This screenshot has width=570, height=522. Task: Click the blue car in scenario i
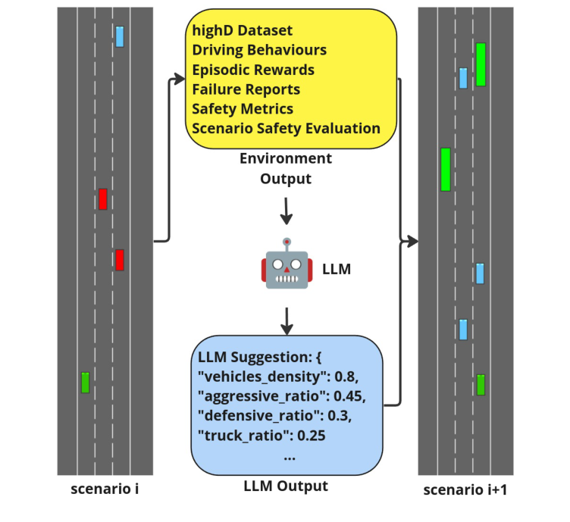click(x=119, y=36)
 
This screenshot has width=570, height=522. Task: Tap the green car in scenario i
click(x=86, y=382)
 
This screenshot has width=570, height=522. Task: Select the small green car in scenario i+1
click(x=481, y=385)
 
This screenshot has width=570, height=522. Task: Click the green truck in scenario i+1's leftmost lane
click(x=445, y=169)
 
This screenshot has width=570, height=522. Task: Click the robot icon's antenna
click(x=286, y=243)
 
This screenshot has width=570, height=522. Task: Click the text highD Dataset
click(x=242, y=30)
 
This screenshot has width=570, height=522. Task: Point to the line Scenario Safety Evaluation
click(x=286, y=128)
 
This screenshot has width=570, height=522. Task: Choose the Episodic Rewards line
click(x=253, y=70)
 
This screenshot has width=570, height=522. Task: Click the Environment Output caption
click(x=286, y=168)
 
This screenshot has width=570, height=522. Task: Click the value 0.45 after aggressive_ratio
click(x=352, y=395)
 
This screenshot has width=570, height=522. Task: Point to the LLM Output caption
click(x=286, y=486)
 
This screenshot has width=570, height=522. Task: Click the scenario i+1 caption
click(x=465, y=491)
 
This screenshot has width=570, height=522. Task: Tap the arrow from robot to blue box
click(x=286, y=321)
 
